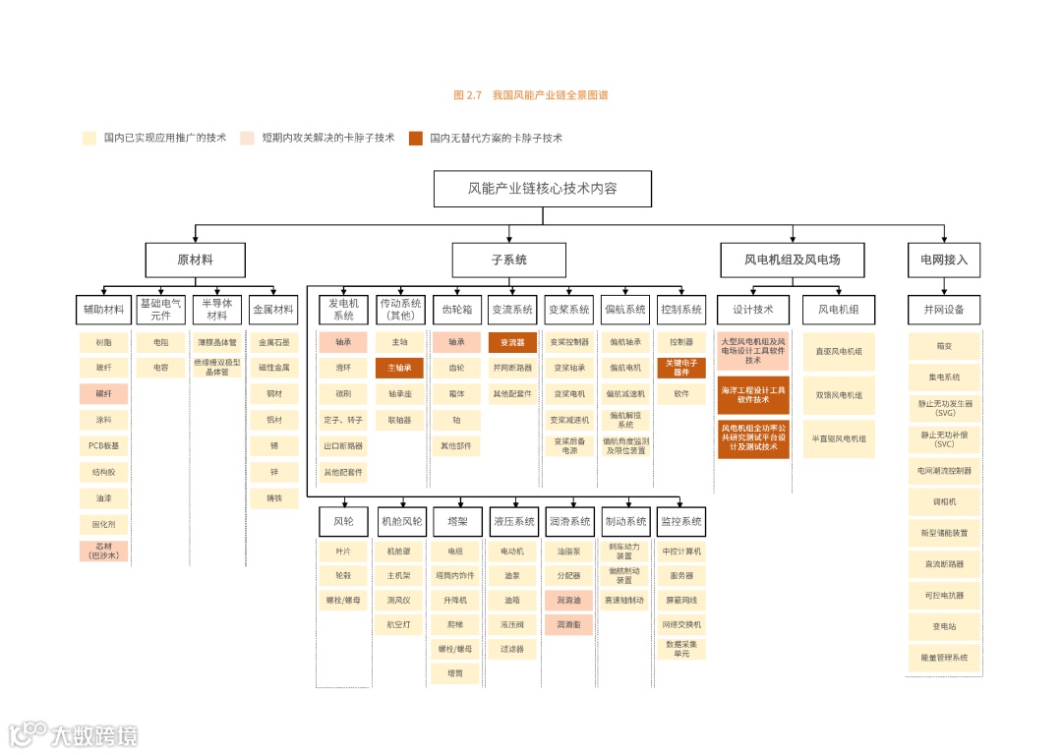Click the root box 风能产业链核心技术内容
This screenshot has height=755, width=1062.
542,189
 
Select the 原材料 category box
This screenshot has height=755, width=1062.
195,261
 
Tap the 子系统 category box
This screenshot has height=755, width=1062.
508,261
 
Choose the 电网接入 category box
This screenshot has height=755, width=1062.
944,261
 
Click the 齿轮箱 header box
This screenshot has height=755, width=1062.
457,310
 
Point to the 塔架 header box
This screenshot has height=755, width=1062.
457,521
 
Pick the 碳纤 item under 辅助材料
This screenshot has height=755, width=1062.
104,394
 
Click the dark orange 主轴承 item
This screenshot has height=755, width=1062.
399,369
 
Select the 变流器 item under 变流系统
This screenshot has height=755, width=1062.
512,343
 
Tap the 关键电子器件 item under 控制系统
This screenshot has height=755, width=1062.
681,369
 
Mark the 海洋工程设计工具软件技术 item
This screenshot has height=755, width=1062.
753,395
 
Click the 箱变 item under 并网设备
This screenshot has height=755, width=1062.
944,346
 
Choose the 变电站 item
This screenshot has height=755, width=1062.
944,626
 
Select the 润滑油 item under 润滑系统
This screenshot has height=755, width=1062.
569,600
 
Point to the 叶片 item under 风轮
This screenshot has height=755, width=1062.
343,552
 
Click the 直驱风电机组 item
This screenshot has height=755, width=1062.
839,352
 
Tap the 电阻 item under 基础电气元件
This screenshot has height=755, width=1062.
160,343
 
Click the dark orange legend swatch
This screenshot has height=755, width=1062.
416,139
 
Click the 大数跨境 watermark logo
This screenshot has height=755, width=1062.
73,733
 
